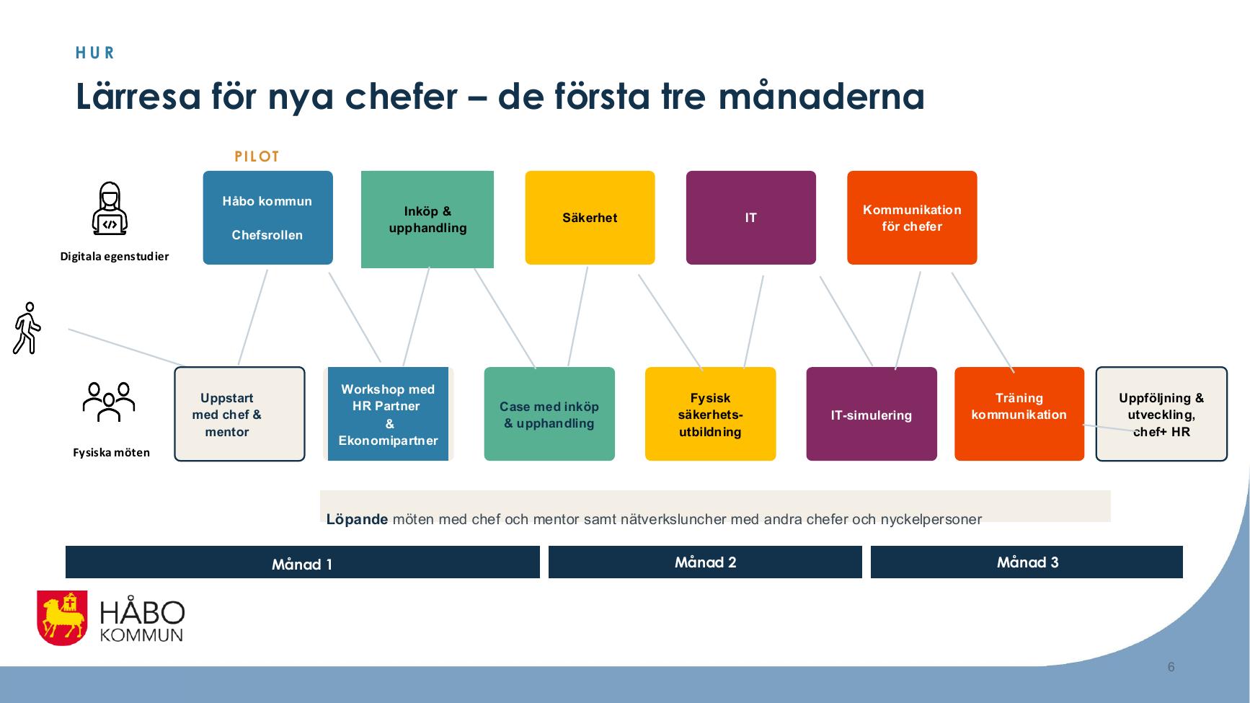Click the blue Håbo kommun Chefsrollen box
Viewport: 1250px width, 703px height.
[267, 218]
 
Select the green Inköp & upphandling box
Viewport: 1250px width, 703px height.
[427, 219]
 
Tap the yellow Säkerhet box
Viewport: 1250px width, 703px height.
[590, 218]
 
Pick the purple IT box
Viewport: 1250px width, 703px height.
[751, 218]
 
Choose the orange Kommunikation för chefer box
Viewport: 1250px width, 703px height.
[912, 218]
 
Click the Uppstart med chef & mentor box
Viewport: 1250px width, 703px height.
[239, 414]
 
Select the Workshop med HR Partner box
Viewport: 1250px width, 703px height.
[388, 414]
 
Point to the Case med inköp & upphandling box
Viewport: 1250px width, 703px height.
[549, 414]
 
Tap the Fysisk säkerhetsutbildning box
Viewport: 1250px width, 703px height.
[710, 414]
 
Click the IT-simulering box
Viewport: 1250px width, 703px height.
[872, 414]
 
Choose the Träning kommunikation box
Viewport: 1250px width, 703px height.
[1019, 414]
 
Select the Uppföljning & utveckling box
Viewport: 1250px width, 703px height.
[1161, 414]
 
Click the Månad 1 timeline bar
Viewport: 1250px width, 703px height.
[303, 562]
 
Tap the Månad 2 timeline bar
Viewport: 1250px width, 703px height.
[705, 562]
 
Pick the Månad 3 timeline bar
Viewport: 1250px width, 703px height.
[1027, 562]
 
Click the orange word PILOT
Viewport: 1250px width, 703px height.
[257, 156]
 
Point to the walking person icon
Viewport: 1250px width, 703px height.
[27, 328]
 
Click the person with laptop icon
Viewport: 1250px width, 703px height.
[110, 208]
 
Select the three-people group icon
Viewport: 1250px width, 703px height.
[109, 402]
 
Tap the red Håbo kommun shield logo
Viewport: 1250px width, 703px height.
[63, 617]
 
